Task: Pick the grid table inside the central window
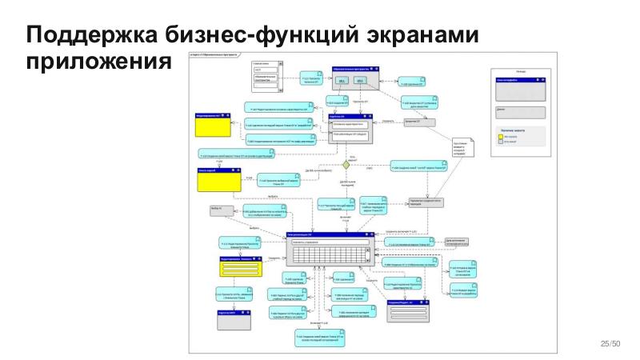pyautogui.click(x=328, y=255)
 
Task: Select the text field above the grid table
pyautogui.click(x=328, y=242)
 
